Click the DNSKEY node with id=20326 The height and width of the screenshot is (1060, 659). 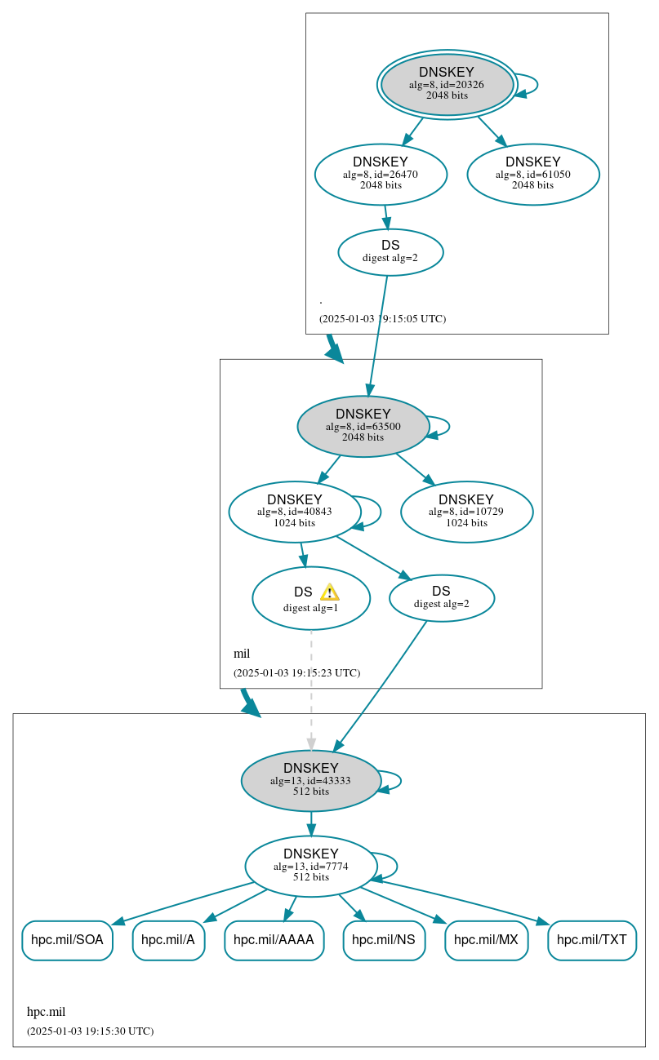click(447, 84)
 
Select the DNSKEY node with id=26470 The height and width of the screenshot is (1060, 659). click(381, 174)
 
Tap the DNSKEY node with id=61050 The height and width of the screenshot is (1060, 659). click(532, 174)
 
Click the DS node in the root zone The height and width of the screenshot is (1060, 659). click(390, 251)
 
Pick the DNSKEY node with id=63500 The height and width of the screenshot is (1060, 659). click(363, 426)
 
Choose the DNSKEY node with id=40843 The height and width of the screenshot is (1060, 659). click(295, 512)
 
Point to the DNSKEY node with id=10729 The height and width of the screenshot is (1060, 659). click(466, 512)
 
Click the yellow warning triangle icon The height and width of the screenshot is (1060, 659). click(329, 592)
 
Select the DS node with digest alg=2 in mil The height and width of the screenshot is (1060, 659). click(442, 597)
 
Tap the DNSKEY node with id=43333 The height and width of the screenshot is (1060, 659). click(311, 780)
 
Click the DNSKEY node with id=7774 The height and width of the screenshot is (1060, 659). click(311, 866)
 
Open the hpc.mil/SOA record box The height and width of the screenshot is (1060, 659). click(67, 940)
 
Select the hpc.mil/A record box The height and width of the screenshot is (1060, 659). click(168, 940)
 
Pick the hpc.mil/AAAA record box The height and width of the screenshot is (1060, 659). click(274, 940)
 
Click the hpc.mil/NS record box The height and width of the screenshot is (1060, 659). click(384, 940)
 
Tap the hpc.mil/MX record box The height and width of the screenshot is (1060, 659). click(486, 940)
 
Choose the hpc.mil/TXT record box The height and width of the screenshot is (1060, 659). click(591, 940)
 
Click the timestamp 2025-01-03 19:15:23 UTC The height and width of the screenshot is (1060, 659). click(296, 673)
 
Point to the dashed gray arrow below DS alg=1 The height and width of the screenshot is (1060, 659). click(311, 685)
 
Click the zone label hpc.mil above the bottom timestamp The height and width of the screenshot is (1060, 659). click(46, 1012)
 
